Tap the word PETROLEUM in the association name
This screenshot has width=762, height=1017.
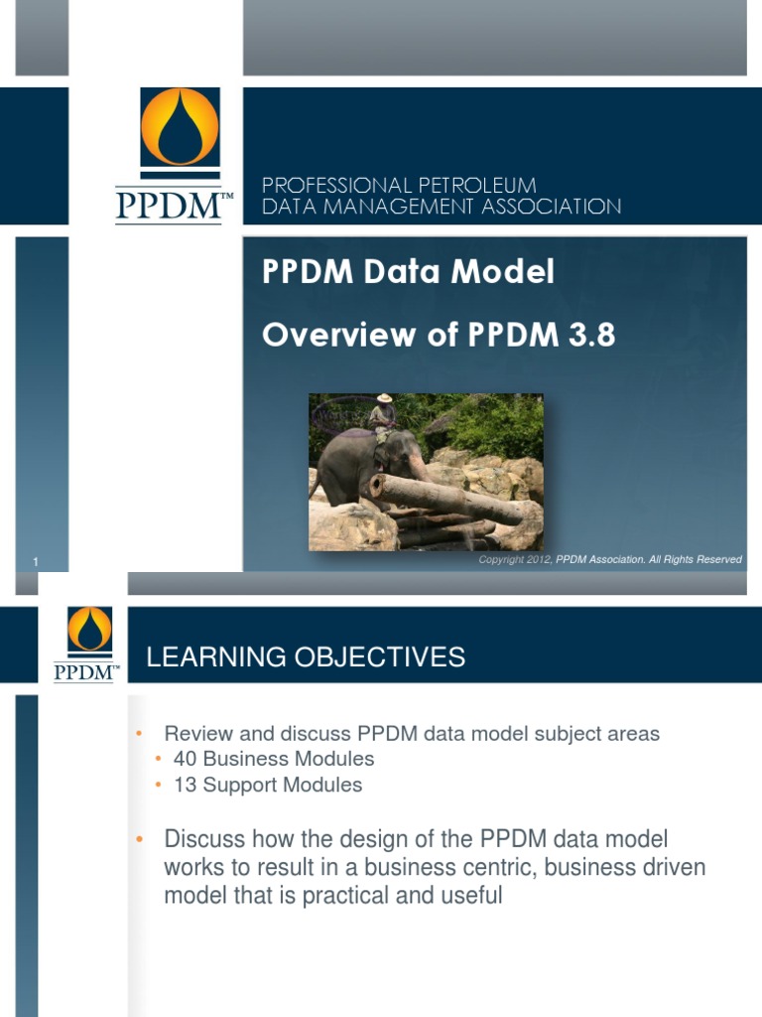[474, 186]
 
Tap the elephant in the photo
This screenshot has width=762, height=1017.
[357, 467]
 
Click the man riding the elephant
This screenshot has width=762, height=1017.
[382, 422]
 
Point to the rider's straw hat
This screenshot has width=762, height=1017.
[384, 398]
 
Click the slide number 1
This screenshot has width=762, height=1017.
[36, 563]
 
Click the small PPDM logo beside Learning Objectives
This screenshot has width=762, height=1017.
[89, 643]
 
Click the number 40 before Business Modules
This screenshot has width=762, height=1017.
[186, 759]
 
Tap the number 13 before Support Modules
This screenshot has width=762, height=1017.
[185, 785]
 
